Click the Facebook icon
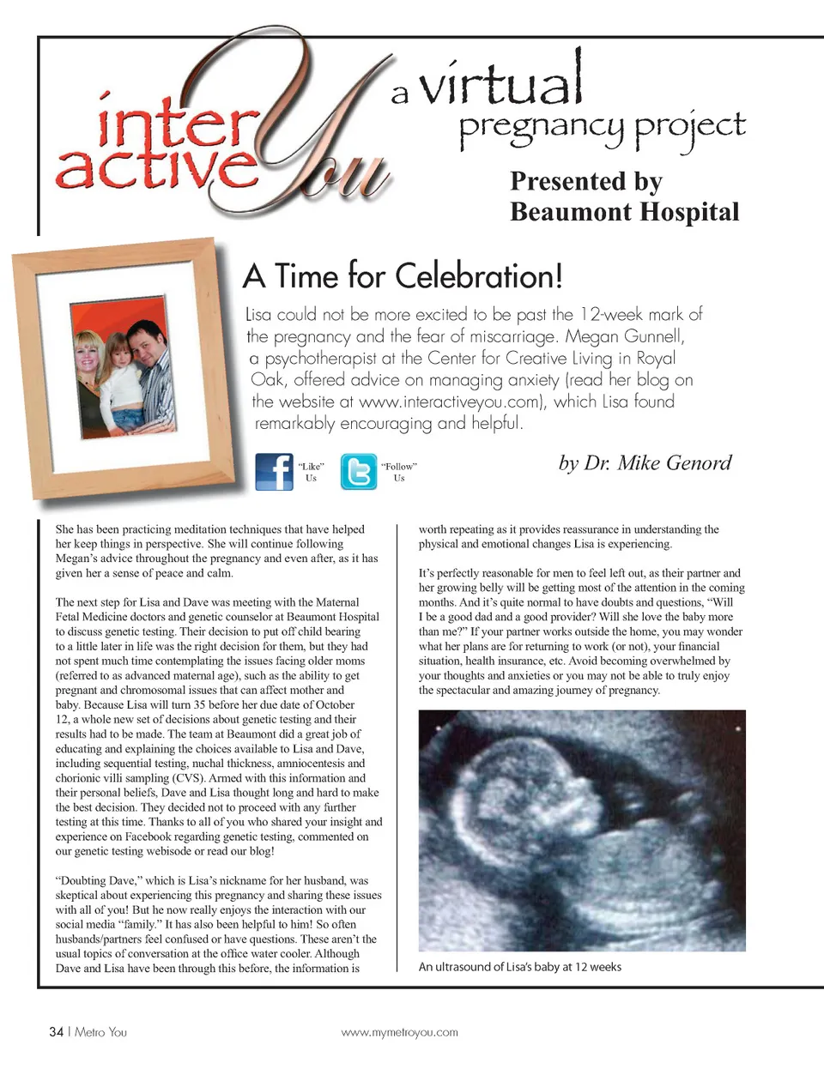274,471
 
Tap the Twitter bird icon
358,471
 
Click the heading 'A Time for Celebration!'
403,276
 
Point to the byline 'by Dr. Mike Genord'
645,463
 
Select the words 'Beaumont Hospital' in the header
624,212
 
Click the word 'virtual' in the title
501,82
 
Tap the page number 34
57,1031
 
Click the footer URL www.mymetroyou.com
399,1032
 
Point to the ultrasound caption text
519,967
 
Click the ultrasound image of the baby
581,830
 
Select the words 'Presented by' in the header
585,181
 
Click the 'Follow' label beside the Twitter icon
399,467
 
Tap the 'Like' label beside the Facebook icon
311,467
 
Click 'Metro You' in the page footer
100,1031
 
